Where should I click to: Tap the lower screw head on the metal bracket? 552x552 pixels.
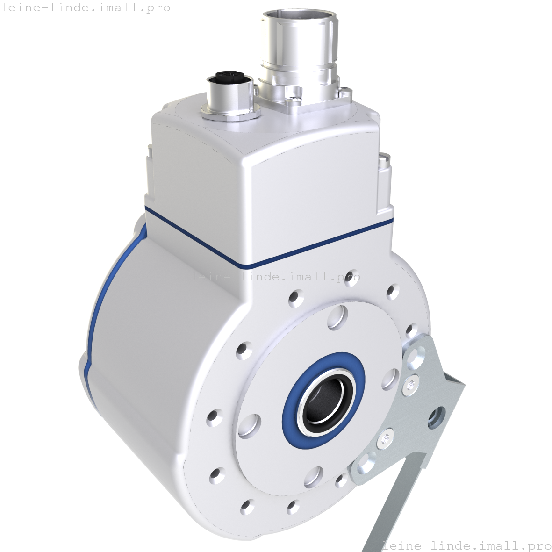tap(384, 438)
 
